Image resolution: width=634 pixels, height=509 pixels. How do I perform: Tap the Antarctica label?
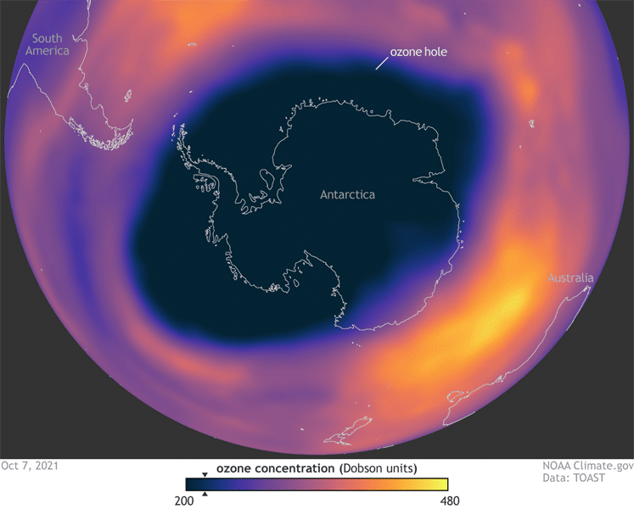click(x=347, y=194)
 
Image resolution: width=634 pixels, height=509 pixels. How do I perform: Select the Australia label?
click(x=570, y=278)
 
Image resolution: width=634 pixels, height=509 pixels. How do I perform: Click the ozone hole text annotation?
click(x=418, y=52)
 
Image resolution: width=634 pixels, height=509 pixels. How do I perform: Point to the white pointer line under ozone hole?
click(x=382, y=64)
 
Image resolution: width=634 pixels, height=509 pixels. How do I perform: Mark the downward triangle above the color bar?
click(x=205, y=475)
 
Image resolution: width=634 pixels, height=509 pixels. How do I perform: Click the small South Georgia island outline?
click(x=193, y=45)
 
